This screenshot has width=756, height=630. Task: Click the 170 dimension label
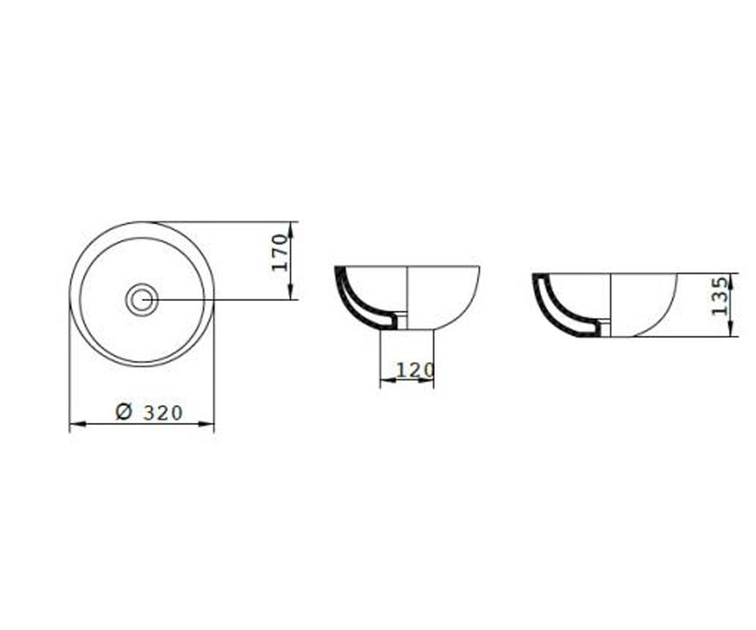pos(280,253)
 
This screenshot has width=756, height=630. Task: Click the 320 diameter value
pos(163,413)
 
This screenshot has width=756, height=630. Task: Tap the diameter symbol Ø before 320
pos(124,413)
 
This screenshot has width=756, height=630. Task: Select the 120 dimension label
pos(415,370)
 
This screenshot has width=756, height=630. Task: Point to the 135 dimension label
pos(719,296)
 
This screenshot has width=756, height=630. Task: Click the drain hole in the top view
pos(142,300)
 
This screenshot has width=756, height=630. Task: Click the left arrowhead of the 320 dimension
pos(77,424)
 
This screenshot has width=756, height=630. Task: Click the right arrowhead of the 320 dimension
pos(206,424)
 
